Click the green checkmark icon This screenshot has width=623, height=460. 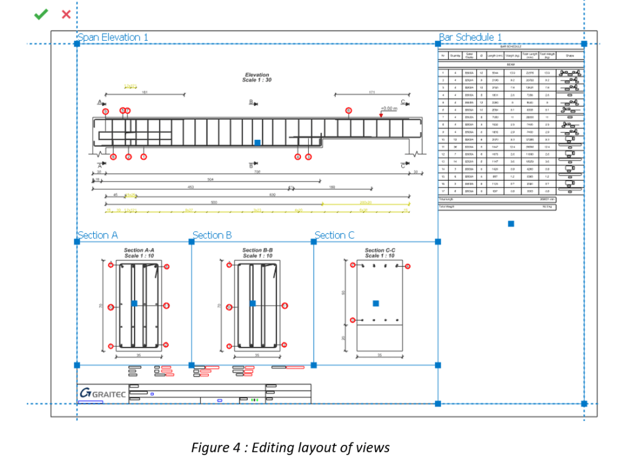pos(41,14)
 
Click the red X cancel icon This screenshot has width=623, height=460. pos(66,14)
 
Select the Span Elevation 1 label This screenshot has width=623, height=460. pos(113,37)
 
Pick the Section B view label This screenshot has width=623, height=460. pos(212,235)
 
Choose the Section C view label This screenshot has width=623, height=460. pos(334,235)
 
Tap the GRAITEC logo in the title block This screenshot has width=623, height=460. pos(102,393)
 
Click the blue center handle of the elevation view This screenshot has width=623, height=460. pos(257,142)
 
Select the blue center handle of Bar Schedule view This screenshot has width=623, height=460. pos(511,224)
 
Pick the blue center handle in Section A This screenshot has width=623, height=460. pos(134,302)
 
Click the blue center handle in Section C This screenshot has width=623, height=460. pos(376,303)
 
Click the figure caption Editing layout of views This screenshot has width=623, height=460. pos(290,448)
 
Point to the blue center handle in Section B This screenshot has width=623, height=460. pos(252,302)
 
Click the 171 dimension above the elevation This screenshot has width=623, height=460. pos(371,92)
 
